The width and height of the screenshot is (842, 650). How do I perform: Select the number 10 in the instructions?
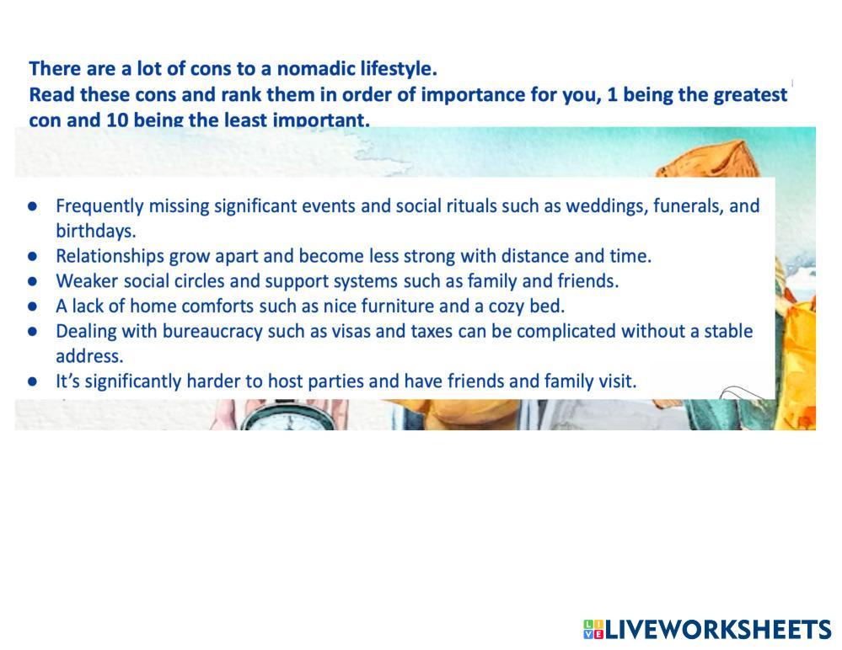point(117,120)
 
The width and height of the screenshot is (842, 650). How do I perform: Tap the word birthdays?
point(96,232)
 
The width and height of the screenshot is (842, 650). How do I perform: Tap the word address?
point(89,356)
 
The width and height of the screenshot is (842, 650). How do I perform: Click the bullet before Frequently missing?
point(32,206)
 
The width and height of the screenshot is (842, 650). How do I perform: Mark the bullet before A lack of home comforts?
point(32,306)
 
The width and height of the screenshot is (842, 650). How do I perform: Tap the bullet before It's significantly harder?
point(32,382)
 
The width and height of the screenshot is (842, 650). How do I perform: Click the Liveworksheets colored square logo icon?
point(593,629)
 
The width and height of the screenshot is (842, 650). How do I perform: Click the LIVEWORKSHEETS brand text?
point(718,629)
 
